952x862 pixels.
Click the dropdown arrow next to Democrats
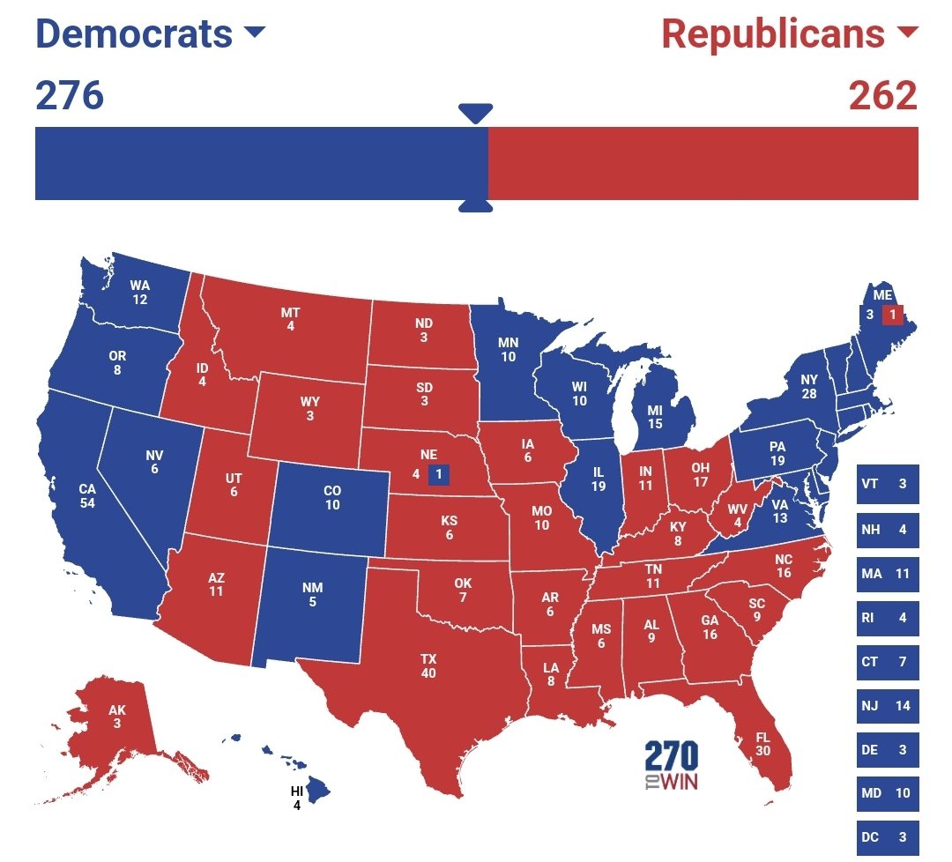[x=254, y=33]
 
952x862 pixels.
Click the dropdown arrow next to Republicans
[x=906, y=33]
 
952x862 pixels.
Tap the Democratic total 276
[x=70, y=95]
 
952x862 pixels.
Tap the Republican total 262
[x=882, y=95]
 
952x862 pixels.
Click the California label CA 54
[x=87, y=495]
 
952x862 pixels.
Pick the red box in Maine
[x=892, y=314]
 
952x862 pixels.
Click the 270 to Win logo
[x=671, y=765]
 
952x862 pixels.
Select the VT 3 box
[x=887, y=484]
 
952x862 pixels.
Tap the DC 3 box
[x=887, y=836]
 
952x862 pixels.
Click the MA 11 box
[x=887, y=574]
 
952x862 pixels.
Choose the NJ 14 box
[x=887, y=705]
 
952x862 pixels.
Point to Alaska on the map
[x=117, y=717]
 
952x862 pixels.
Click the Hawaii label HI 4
[x=297, y=797]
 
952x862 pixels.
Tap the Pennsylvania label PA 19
[x=777, y=454]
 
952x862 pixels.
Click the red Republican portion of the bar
[x=703, y=163]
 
